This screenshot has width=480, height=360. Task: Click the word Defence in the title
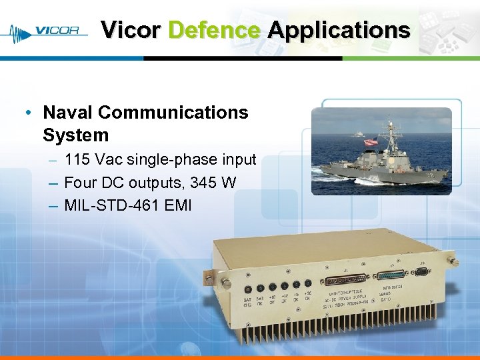[214, 30]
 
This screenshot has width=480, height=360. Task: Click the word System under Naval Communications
[75, 135]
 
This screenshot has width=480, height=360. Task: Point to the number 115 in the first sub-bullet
[78, 160]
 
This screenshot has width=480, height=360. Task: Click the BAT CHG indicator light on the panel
[247, 289]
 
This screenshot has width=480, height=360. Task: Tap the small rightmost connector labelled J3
[422, 271]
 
